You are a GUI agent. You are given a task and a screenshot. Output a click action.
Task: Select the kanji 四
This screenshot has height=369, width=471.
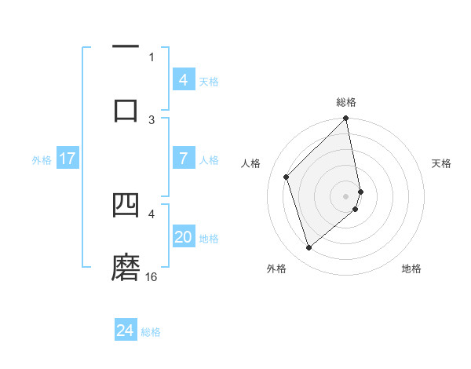126,206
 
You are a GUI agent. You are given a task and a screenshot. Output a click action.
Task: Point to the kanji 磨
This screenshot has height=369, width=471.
126,267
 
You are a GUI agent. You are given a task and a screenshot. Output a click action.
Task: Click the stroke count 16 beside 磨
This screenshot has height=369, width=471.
152,276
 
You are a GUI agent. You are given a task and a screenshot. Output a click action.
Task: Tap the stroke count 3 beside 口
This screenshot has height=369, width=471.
152,119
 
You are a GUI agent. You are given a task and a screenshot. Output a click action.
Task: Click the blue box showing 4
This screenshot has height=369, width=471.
183,79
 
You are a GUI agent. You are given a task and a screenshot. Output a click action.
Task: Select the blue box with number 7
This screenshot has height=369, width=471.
183,159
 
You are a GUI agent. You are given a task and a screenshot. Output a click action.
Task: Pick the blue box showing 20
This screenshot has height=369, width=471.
183,237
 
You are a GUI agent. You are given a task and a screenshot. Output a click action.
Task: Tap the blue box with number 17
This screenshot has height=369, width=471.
68,159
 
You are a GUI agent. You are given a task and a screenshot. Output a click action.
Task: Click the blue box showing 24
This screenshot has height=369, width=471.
126,331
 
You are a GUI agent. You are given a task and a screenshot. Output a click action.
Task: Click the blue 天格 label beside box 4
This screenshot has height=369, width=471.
209,81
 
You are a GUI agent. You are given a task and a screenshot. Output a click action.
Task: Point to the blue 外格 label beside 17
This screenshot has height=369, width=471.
42,160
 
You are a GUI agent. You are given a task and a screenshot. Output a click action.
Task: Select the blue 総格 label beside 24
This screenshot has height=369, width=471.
151,332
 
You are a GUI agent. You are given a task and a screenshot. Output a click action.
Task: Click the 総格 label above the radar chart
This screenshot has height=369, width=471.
346,102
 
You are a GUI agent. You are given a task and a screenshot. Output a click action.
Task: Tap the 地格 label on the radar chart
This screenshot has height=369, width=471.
411,269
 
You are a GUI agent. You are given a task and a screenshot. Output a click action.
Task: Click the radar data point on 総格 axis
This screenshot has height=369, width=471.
346,119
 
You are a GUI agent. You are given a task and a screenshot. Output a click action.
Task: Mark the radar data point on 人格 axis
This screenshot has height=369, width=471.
287,177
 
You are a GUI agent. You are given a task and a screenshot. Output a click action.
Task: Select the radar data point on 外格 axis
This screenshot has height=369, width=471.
309,248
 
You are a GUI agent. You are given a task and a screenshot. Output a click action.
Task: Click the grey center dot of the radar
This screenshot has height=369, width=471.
346,195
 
